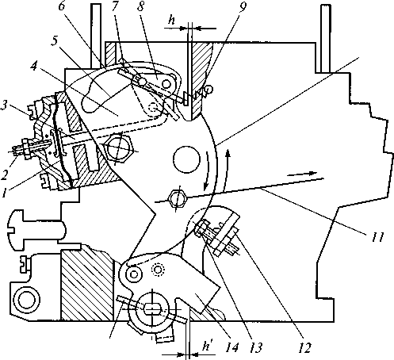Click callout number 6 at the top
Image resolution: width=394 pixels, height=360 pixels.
(62, 6)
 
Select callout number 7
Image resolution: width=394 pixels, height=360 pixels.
(115, 6)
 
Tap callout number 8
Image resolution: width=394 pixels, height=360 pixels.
(140, 6)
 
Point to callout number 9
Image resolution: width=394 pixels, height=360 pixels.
(242, 7)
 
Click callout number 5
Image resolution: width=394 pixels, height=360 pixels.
(55, 40)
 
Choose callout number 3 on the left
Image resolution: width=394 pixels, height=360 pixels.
(4, 107)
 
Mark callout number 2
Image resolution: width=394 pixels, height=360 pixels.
(5, 174)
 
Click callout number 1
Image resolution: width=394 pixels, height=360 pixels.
(4, 193)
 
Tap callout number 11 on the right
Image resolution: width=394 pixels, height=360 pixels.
(377, 237)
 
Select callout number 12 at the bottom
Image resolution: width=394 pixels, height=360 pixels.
(304, 347)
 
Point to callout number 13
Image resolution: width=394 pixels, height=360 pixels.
(255, 347)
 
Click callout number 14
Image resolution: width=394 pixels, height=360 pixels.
(232, 347)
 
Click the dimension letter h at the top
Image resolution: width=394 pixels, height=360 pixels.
(171, 20)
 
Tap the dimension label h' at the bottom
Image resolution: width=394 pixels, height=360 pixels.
(208, 346)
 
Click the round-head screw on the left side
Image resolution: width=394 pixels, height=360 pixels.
(37, 228)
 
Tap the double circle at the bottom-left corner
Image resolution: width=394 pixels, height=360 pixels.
(27, 298)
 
